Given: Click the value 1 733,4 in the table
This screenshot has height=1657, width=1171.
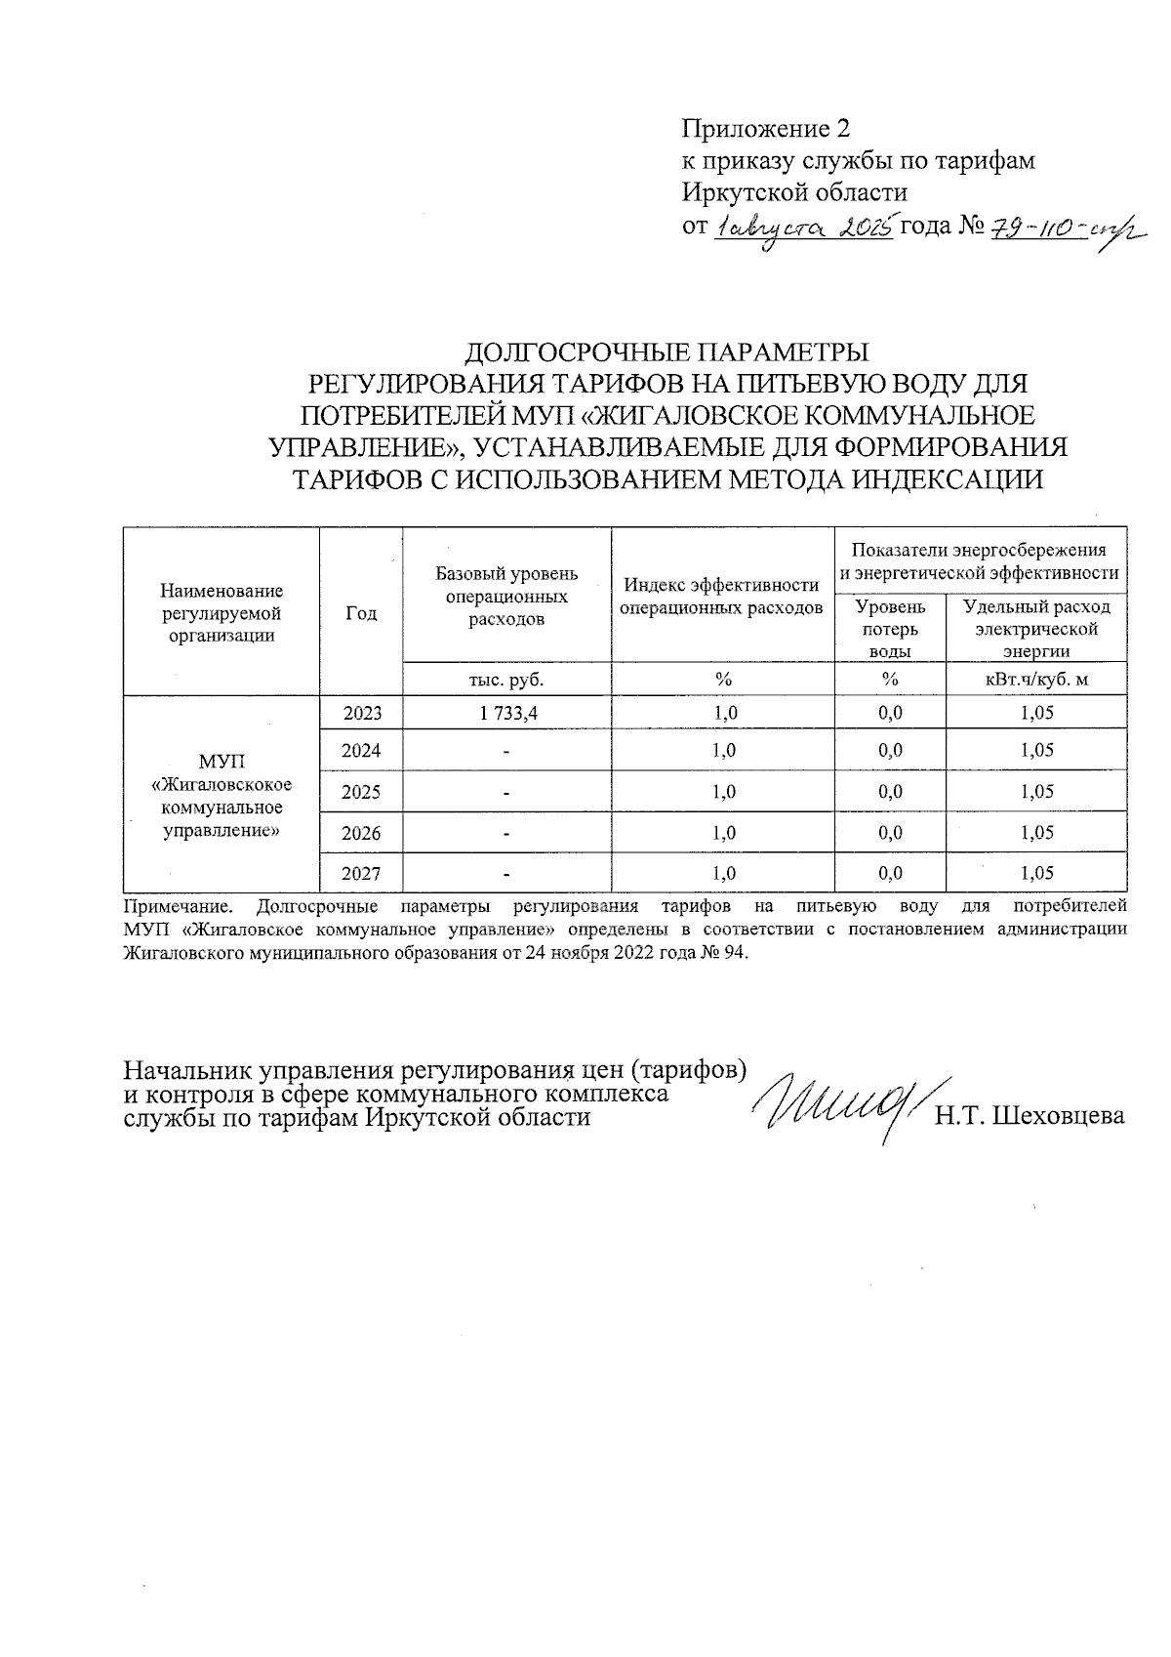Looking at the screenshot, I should (507, 714).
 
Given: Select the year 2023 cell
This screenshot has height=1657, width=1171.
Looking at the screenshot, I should (362, 714).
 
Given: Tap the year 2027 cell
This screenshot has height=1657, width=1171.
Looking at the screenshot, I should (362, 874).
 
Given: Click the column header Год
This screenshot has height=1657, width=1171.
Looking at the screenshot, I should (361, 613).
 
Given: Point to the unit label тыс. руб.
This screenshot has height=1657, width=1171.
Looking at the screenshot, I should (506, 679).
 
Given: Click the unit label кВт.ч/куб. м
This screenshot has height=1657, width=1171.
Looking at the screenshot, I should (1036, 679).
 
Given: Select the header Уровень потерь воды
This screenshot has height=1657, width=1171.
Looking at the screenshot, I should (890, 629).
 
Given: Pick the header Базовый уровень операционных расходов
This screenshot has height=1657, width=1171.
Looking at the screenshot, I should (506, 596).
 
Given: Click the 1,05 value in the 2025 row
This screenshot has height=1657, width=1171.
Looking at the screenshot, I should (1036, 792).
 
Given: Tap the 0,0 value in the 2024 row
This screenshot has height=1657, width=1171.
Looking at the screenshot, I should (890, 751).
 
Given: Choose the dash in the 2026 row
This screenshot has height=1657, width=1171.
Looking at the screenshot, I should (506, 834).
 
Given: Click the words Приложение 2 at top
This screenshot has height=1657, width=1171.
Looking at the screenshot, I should (766, 129).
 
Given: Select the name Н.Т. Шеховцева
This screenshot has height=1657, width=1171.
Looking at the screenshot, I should (1030, 1116).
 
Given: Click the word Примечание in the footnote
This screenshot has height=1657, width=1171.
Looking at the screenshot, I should (178, 906).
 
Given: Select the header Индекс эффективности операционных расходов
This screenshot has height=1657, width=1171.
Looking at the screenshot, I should (722, 597).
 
